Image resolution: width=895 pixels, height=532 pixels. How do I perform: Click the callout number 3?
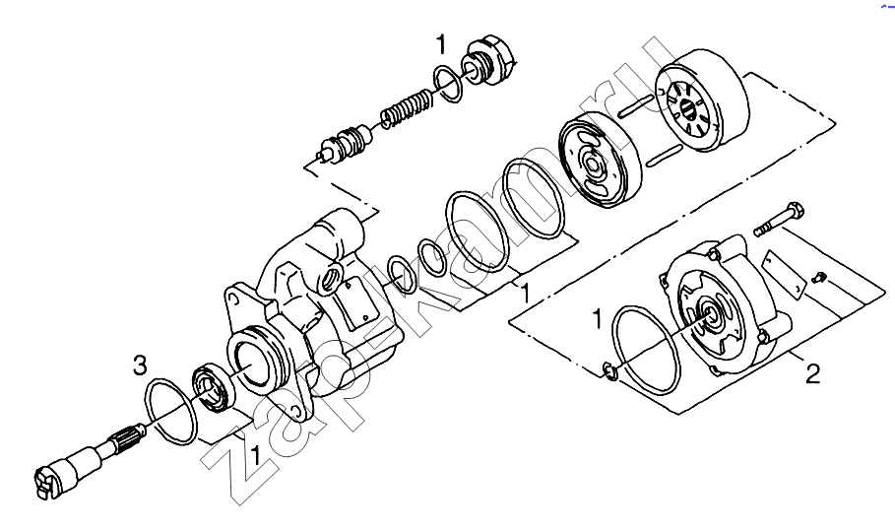140,366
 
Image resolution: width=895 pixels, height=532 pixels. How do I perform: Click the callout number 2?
813,373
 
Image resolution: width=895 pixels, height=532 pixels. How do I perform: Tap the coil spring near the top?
406,107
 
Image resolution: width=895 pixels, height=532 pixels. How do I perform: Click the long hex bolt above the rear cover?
778,219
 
